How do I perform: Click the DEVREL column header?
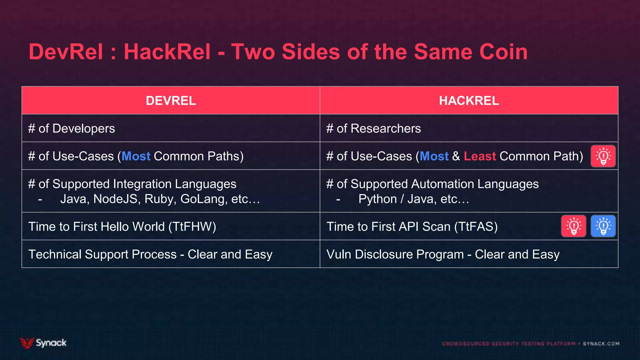(171, 101)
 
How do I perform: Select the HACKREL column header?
(469, 101)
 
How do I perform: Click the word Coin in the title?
(503, 52)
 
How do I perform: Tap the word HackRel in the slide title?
(167, 52)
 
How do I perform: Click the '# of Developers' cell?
(72, 128)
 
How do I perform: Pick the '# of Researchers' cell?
(373, 128)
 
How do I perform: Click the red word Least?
(480, 156)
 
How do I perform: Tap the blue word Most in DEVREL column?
(136, 156)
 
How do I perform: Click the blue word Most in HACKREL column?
(434, 156)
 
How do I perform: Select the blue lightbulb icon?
(603, 226)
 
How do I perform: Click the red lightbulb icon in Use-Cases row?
(603, 156)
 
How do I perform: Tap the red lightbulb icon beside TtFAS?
(574, 226)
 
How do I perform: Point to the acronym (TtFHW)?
(192, 227)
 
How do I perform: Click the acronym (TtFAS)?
(476, 227)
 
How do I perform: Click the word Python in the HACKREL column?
(377, 199)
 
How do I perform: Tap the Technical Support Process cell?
(150, 254)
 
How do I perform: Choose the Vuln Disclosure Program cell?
(443, 254)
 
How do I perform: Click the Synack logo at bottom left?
(43, 343)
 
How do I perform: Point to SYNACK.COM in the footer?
(601, 344)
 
